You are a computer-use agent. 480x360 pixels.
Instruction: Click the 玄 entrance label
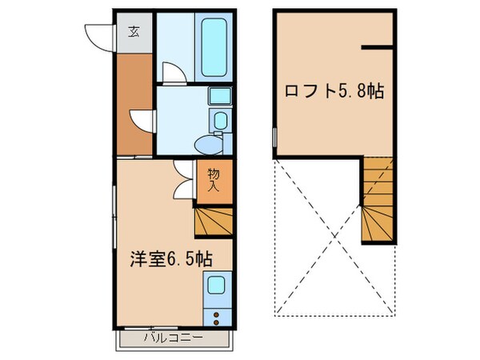[x=134, y=33]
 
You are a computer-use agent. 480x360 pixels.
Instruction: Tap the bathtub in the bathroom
[x=213, y=46]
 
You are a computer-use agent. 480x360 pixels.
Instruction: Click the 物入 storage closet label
[x=214, y=179]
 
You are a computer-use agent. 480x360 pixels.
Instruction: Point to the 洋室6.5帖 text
[x=172, y=259]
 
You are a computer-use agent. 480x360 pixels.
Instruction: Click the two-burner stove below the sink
[x=216, y=310]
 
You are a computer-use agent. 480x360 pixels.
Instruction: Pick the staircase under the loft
[x=378, y=200]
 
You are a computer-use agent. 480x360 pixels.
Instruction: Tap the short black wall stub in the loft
[x=378, y=48]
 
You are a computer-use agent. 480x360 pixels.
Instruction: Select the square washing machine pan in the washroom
[x=219, y=97]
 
